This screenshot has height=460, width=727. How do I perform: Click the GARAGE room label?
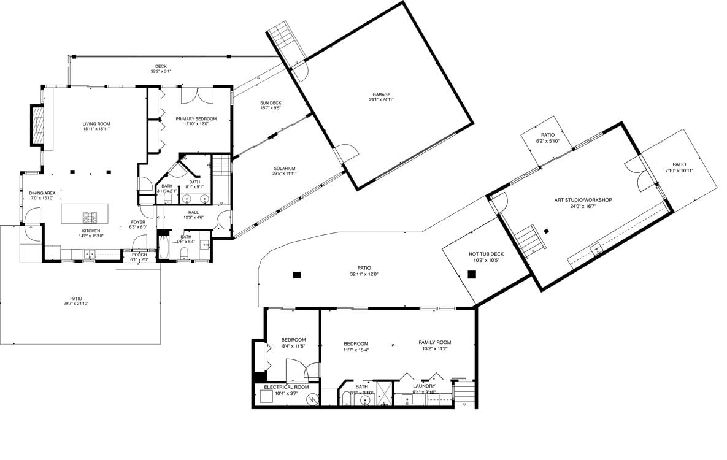[x=380, y=94]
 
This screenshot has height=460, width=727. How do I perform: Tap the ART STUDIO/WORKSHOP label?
[x=583, y=200]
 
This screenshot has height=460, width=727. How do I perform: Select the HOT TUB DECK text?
[x=486, y=254]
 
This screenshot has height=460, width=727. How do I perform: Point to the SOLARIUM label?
[x=284, y=168]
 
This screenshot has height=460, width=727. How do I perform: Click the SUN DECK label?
[x=271, y=103]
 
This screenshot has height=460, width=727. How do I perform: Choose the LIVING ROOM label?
[x=96, y=124]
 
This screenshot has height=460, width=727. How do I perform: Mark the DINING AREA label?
[x=42, y=193]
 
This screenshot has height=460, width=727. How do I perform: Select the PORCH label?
[x=139, y=255]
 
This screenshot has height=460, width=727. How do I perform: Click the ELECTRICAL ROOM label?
[x=286, y=387]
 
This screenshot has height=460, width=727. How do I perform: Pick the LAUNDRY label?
[x=424, y=386]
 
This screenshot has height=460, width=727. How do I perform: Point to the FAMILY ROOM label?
[x=434, y=342]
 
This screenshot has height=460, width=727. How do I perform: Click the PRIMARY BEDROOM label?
[x=196, y=118]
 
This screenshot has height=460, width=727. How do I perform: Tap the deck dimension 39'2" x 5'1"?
[x=161, y=72]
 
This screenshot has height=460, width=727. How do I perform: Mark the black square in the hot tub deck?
[x=472, y=275]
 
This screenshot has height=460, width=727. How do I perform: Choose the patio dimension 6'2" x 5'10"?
[x=548, y=141]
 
